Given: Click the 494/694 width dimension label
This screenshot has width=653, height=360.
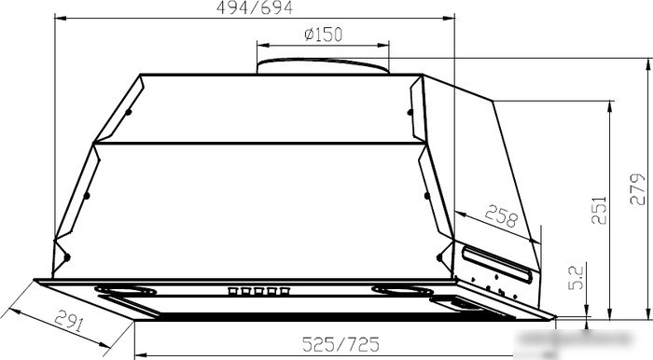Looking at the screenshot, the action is coord(255,7).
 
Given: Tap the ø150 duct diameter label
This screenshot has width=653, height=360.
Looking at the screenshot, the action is coord(324,35).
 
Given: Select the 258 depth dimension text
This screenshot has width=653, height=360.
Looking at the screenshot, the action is coord(501,215).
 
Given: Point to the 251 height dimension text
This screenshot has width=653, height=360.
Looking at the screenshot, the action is coord(599,210).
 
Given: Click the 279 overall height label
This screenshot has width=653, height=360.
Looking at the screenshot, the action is coord(637,189).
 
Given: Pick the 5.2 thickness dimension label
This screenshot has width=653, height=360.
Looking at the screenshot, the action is coord(576,278).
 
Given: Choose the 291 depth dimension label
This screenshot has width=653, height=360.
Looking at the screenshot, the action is coord(70,320).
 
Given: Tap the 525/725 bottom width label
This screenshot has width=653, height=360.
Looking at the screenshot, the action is coord(340,344).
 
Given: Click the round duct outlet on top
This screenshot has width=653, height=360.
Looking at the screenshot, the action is coord(323,66).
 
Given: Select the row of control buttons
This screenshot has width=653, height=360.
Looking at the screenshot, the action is coord(258,291).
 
